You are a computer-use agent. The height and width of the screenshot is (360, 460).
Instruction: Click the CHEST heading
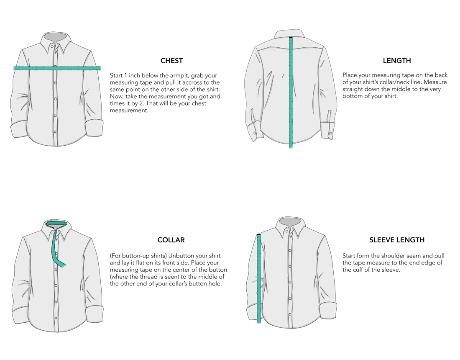click(171, 61)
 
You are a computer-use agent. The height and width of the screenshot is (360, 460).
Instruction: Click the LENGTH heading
click(396, 61)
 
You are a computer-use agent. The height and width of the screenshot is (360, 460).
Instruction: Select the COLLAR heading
click(171, 240)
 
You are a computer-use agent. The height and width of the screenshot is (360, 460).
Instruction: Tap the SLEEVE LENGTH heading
click(397, 240)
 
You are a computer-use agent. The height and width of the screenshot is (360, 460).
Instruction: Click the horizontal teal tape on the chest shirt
click(57, 68)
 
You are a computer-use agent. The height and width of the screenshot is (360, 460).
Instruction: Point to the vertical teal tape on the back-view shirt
click(291, 93)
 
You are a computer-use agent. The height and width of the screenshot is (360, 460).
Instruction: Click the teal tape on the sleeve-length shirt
click(259, 279)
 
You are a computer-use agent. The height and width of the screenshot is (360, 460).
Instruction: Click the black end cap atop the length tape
click(291, 38)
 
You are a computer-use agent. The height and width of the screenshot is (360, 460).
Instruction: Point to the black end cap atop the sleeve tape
click(259, 235)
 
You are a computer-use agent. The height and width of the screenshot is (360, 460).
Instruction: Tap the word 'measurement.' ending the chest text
click(129, 111)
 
